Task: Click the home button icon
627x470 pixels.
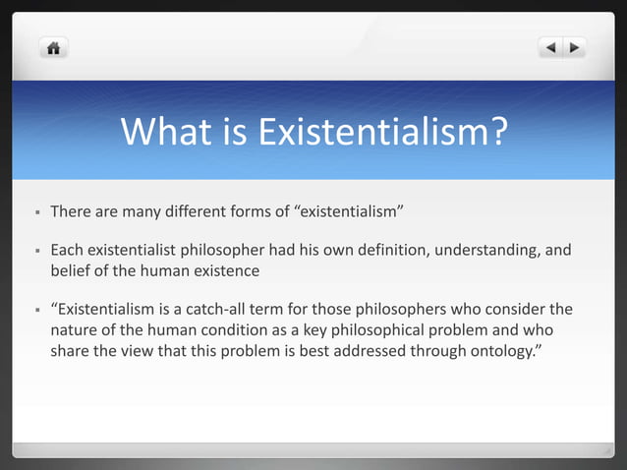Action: tap(53, 47)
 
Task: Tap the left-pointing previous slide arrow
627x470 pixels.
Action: tap(551, 47)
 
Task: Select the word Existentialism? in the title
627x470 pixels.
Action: tap(382, 132)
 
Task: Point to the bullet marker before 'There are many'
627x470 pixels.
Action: tap(36, 211)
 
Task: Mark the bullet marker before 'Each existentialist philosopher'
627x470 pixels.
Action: tap(36, 251)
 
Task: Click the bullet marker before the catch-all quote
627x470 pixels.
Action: tap(36, 311)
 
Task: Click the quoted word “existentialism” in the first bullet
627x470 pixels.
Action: tap(350, 211)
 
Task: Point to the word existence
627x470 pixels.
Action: tap(227, 270)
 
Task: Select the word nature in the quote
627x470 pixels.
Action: tap(74, 330)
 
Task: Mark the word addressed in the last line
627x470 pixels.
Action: tap(390, 350)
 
